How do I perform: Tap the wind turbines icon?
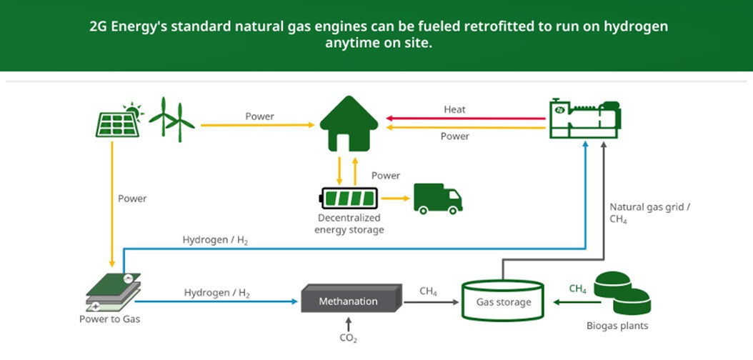coord(172,119)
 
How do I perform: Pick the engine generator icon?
coord(584,119)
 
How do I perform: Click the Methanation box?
coord(349,301)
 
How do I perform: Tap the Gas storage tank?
coord(504,301)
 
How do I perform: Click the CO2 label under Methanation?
coord(348,338)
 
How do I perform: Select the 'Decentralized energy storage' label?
coord(349,224)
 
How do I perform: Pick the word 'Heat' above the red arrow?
coord(454,109)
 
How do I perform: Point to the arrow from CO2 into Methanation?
coord(348,322)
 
